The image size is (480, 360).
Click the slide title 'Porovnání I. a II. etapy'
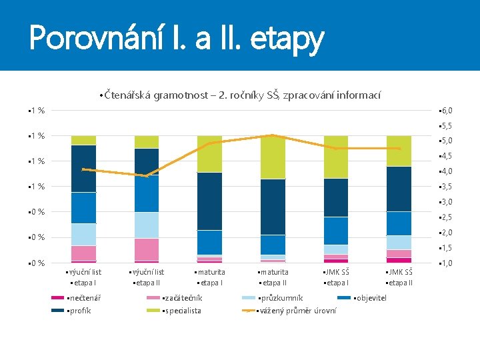click(177, 38)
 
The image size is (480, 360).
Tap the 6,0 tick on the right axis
click(446, 111)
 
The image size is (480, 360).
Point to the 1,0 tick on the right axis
click(446, 263)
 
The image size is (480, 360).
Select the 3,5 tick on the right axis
click(446, 187)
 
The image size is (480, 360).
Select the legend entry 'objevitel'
click(371, 298)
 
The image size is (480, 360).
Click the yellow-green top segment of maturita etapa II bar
click(273, 157)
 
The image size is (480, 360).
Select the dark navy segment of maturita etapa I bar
click(209, 201)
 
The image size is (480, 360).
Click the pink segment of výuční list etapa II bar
click(146, 249)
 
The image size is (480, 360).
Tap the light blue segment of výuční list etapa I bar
click(83, 234)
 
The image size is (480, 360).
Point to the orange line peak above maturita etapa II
click(273, 135)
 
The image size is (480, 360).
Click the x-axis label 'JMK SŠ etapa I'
click(335, 277)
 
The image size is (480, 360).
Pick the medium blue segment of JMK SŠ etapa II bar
click(399, 223)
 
